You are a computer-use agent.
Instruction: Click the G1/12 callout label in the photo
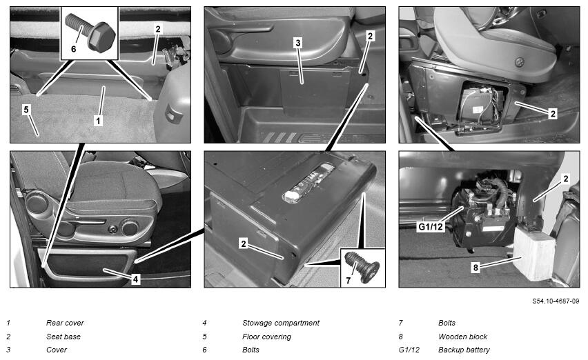[x=431, y=227]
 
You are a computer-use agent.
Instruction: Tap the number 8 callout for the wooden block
[x=476, y=268]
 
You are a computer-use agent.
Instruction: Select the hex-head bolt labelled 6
[x=90, y=31]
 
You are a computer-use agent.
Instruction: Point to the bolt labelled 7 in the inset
[x=362, y=266]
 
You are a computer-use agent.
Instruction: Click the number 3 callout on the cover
[x=297, y=43]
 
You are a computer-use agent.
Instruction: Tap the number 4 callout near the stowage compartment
[x=135, y=279]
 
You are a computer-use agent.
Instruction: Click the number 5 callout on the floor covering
[x=26, y=110]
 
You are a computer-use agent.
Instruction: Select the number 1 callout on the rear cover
[x=98, y=121]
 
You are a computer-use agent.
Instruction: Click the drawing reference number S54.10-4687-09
[x=556, y=301]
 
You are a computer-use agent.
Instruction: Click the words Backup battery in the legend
[x=464, y=350]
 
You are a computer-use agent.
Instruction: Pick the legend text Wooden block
[x=462, y=337]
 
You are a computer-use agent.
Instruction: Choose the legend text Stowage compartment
[x=281, y=323]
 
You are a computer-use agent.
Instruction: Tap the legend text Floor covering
[x=266, y=337]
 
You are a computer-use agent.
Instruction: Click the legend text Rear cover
[x=65, y=323]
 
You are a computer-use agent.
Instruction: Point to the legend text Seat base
[x=63, y=337]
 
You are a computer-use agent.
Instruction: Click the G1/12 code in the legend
[x=409, y=350]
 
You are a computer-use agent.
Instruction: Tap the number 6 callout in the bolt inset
[x=73, y=49]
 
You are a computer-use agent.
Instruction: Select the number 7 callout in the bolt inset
[x=348, y=281]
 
